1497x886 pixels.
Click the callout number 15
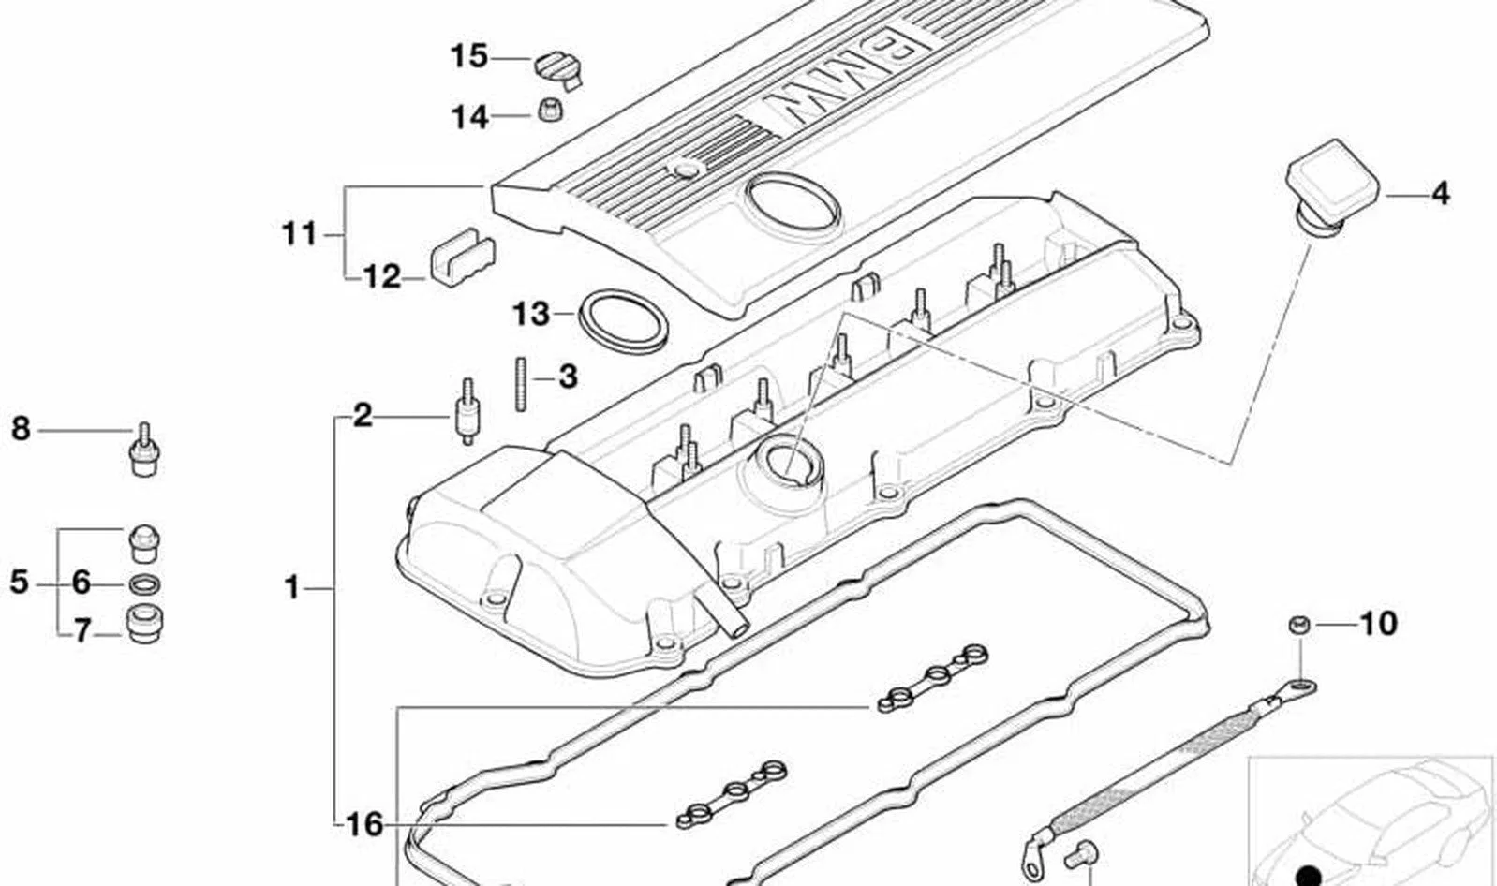(470, 56)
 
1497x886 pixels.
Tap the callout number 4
(1440, 194)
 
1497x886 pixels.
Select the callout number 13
(531, 314)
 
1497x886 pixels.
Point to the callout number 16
(365, 824)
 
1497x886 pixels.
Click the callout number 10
(1378, 624)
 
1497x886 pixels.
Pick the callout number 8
(22, 428)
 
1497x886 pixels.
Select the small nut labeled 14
(550, 111)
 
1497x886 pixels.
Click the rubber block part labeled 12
(462, 257)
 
